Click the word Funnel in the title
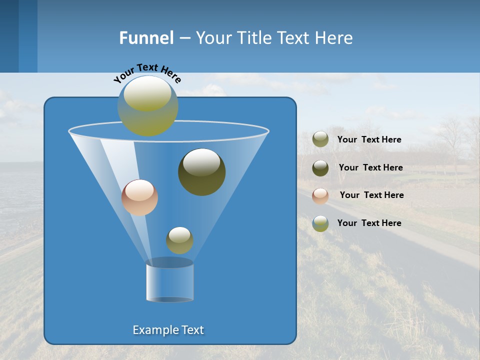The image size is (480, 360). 146,38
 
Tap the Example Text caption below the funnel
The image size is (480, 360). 168,330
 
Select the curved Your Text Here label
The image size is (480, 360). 147,72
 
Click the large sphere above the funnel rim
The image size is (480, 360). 148,105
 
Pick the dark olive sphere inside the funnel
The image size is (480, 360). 201,171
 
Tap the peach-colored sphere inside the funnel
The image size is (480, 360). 139,197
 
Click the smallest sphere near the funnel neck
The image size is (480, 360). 179,240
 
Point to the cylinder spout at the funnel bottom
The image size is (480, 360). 170,282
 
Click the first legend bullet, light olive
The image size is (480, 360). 320,139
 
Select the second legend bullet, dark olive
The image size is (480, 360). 320,168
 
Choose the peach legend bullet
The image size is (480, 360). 320,195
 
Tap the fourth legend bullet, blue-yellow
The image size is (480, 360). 320,223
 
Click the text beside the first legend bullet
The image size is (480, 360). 369,139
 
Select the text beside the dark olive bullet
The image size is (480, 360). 370,167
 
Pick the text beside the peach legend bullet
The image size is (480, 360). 371,195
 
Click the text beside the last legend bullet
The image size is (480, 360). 369,223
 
